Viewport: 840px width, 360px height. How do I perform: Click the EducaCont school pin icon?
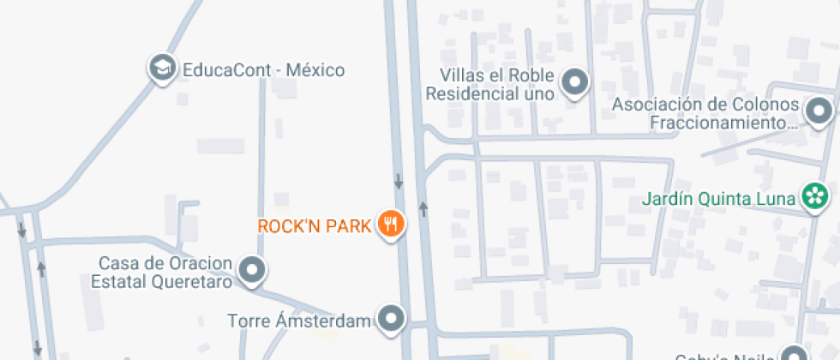(x=161, y=69)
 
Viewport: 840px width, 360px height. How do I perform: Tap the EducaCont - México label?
(x=264, y=69)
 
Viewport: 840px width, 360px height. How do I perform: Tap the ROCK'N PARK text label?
(x=315, y=226)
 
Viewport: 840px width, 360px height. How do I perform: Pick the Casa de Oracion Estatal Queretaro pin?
(x=251, y=270)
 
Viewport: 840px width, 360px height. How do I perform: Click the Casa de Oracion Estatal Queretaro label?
(x=165, y=271)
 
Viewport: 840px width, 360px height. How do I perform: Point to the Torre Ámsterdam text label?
(x=299, y=321)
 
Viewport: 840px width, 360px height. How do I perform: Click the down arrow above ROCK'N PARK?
(x=399, y=182)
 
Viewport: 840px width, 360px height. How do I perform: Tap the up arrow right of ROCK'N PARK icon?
(x=422, y=208)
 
